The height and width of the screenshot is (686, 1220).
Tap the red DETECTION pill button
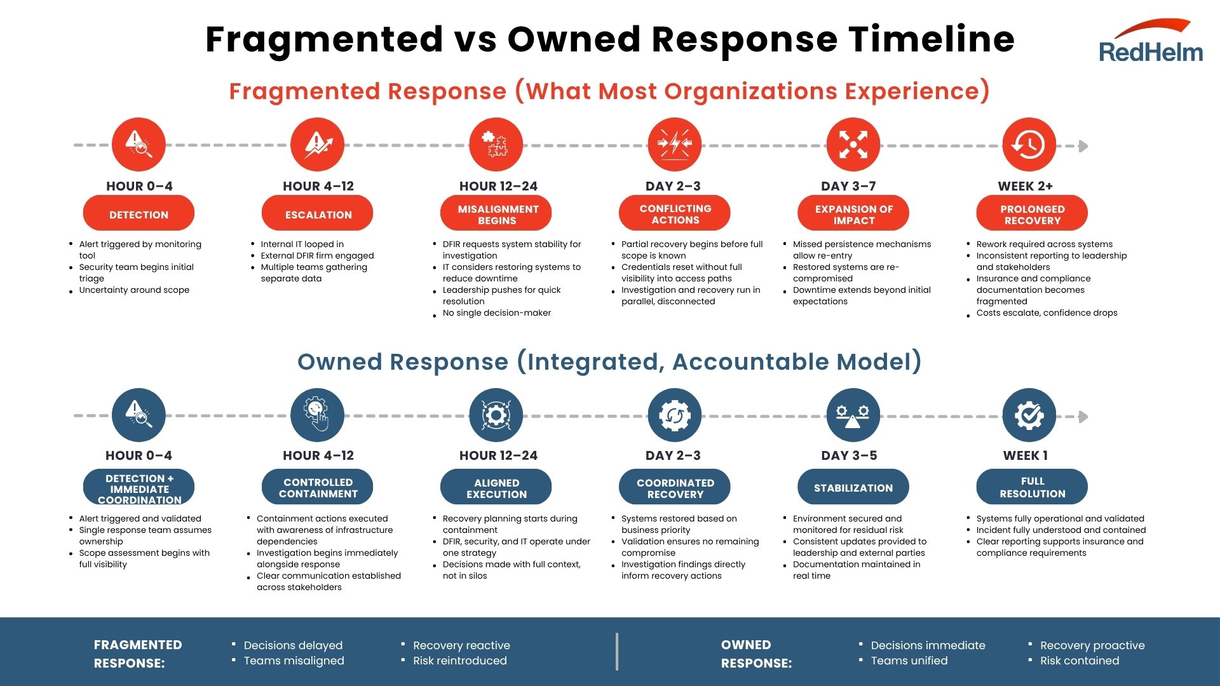pos(139,214)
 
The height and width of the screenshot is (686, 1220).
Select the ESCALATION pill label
pos(318,214)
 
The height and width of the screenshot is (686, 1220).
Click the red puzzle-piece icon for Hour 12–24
pos(496,144)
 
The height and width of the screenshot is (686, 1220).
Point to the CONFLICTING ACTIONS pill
pos(675,213)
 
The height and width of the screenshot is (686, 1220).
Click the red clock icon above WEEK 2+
pos(1029,144)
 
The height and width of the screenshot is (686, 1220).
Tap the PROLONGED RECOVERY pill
pos(1032,214)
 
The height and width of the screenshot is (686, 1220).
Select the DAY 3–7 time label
pos(848,186)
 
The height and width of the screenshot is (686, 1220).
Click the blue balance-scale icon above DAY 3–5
pos(853,415)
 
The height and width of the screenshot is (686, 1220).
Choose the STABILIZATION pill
pos(853,487)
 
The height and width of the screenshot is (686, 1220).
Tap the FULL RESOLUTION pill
pos(1032,487)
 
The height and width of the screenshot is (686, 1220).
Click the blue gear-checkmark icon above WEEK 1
pos(1029,415)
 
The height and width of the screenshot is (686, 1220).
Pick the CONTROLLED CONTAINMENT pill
pos(318,487)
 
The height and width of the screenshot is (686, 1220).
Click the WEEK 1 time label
pos(1025,455)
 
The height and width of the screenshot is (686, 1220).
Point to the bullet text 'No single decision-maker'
pos(496,313)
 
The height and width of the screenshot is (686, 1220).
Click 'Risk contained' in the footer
pos(1079,661)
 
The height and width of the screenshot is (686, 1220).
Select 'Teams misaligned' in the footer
pos(294,661)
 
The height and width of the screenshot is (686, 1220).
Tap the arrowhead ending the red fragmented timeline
pos(1083,146)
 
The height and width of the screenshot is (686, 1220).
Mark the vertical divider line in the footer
pos(616,652)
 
